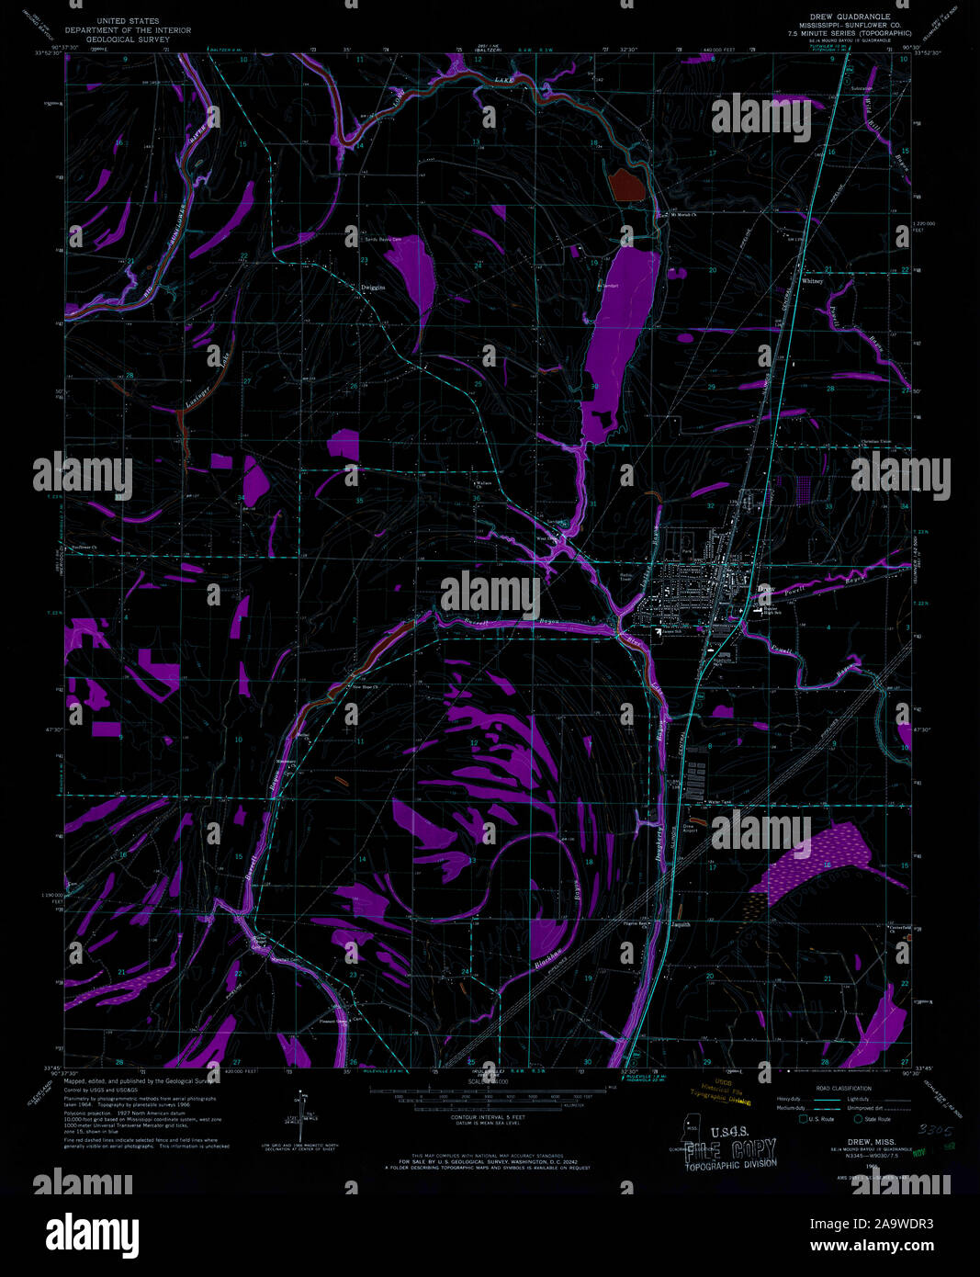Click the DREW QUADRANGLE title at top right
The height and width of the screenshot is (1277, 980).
[x=850, y=17]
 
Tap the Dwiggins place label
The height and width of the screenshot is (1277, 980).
[x=372, y=288]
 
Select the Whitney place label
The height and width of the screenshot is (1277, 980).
[x=812, y=281]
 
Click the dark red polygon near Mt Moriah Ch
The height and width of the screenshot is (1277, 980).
[x=626, y=183]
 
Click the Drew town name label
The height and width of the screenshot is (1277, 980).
[x=766, y=588]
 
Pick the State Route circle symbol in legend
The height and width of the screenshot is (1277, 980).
[x=859, y=1119]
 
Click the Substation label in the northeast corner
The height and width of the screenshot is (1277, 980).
[x=862, y=88]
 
